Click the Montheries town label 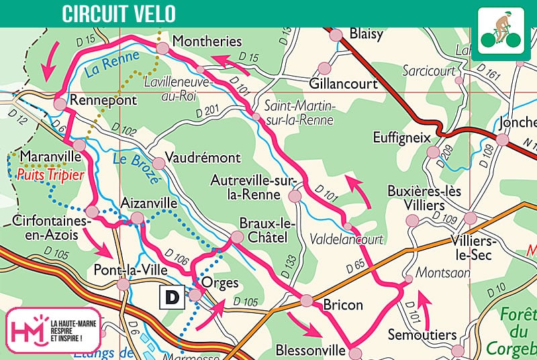pos(207,42)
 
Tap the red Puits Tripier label pos(51,175)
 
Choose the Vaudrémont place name pos(202,158)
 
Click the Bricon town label pos(342,305)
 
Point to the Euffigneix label pos(401,138)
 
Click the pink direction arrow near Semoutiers pos(422,303)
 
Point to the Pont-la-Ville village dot pos(123,285)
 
